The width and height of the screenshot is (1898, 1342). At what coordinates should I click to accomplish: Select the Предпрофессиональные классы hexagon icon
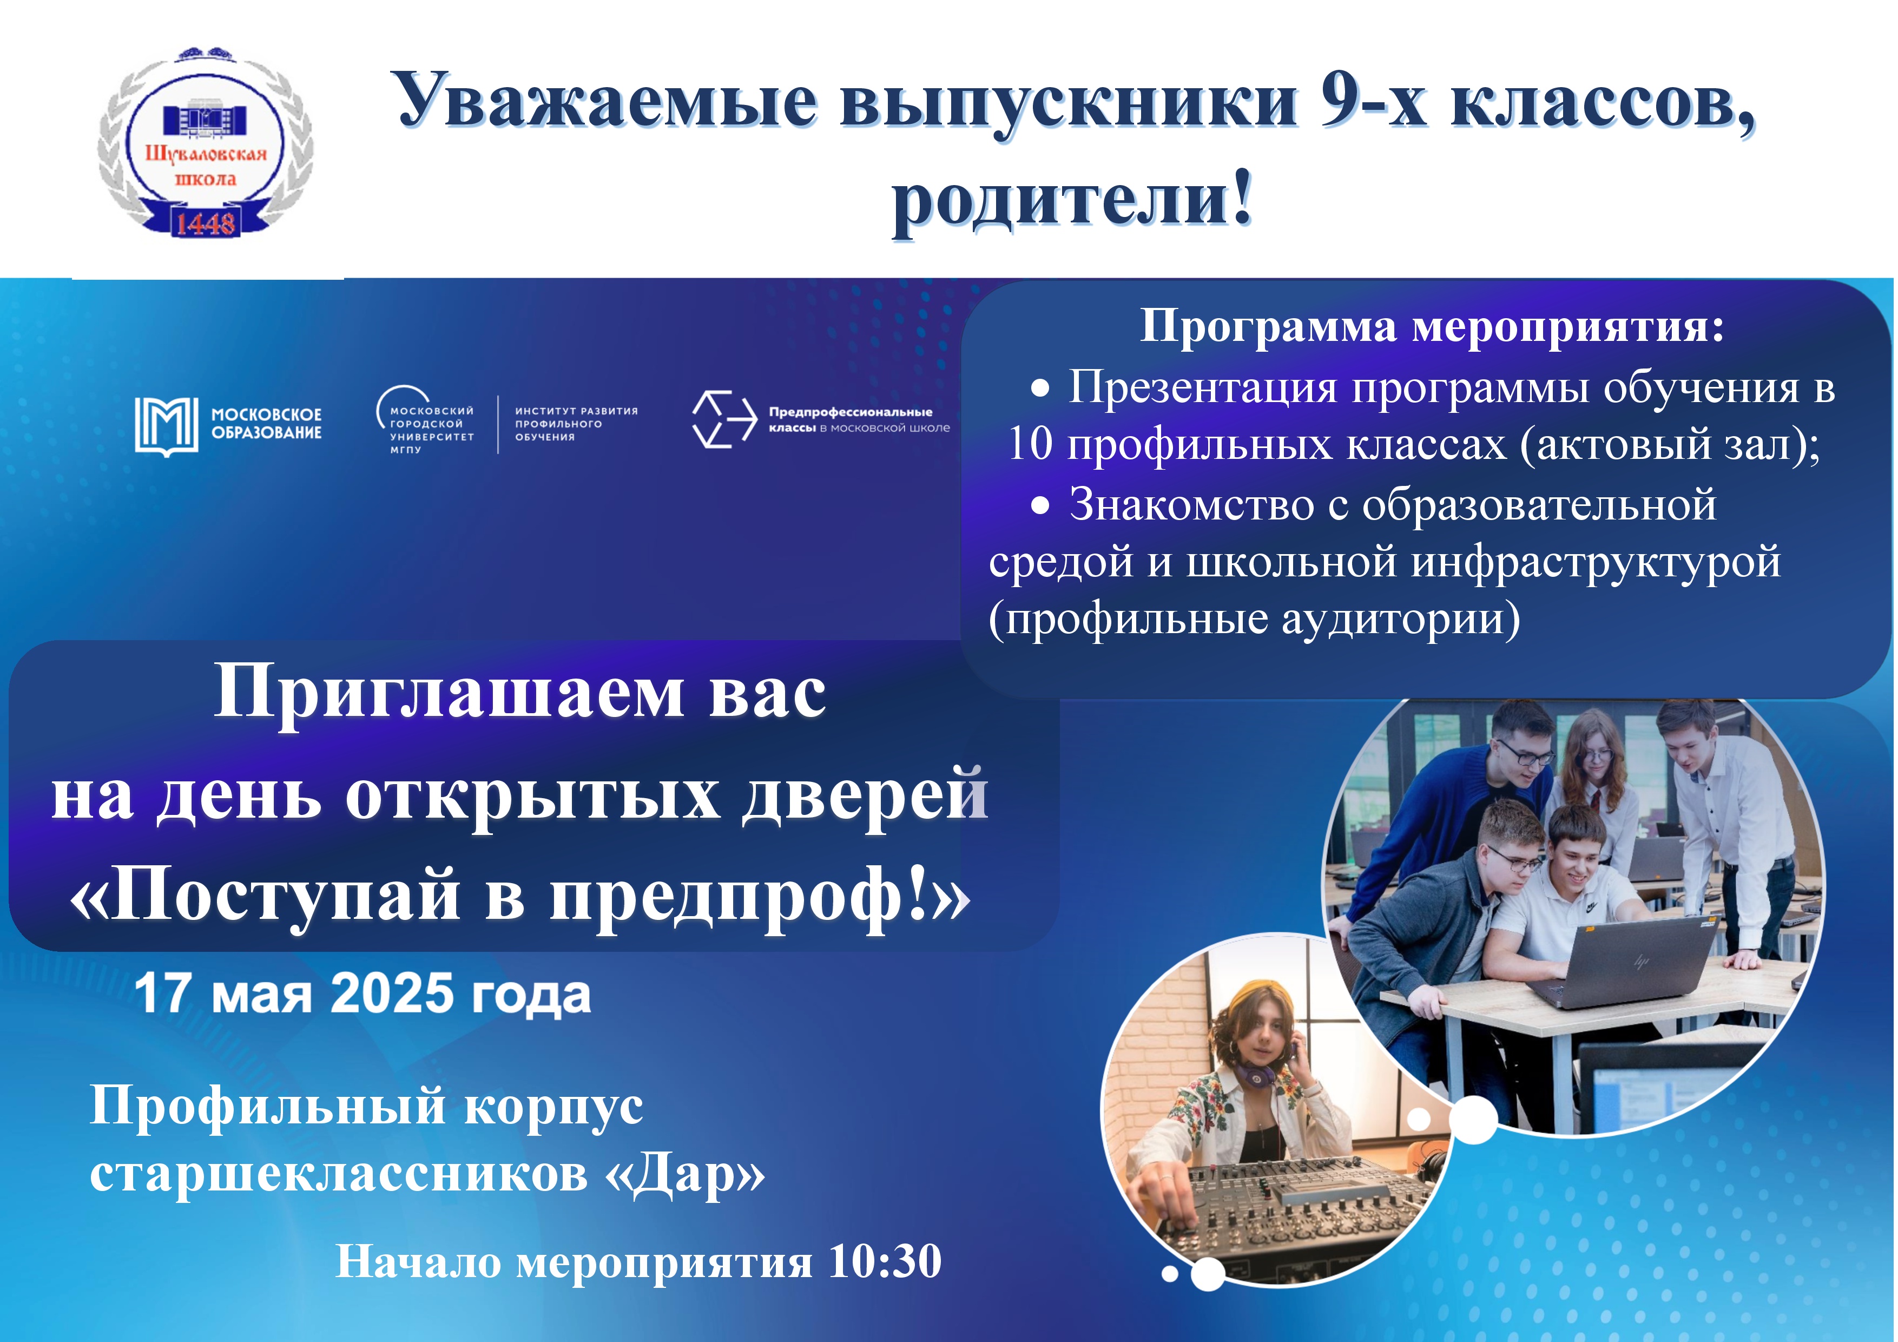pyautogui.click(x=724, y=419)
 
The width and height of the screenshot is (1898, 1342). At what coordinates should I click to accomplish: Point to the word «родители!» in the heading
pyautogui.click(x=1072, y=202)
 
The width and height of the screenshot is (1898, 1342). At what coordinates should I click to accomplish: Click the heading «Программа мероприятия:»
pyautogui.click(x=1432, y=327)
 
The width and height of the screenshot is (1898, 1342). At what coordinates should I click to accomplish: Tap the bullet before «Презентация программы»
pyautogui.click(x=1041, y=389)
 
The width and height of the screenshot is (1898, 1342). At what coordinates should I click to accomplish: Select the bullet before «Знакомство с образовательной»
pyautogui.click(x=1041, y=506)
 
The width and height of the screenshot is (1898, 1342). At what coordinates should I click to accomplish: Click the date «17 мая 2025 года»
pyautogui.click(x=363, y=994)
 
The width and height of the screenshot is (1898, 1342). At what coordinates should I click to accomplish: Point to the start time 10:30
pyautogui.click(x=885, y=1262)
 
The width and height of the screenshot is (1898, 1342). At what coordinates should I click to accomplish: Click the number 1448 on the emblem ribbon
pyautogui.click(x=204, y=222)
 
